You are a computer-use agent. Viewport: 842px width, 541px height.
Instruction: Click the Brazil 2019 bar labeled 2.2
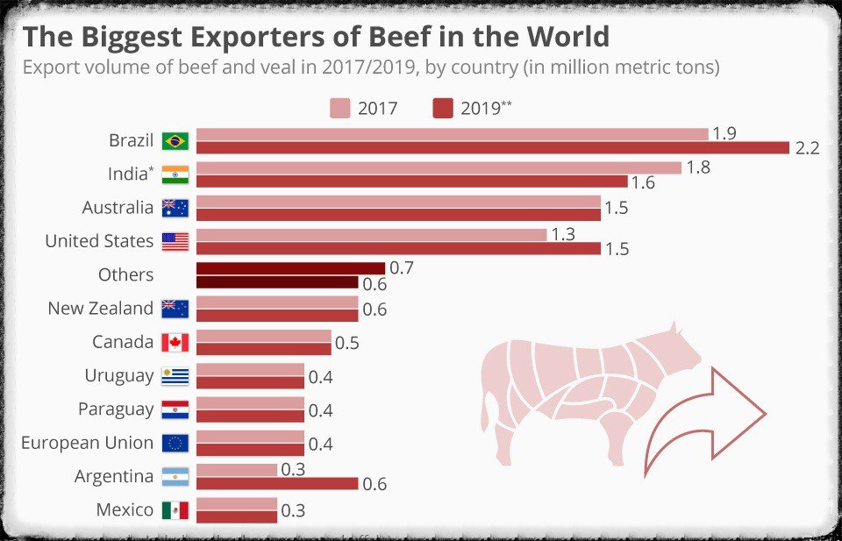click(x=491, y=148)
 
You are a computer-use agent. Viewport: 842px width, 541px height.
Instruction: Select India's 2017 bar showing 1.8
click(x=439, y=167)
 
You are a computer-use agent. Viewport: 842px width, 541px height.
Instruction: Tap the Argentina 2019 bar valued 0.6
click(x=277, y=483)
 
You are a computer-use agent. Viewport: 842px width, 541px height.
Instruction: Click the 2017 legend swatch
click(x=340, y=109)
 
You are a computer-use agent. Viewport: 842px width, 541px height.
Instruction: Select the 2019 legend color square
click(x=443, y=109)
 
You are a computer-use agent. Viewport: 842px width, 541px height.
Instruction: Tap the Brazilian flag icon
click(x=175, y=141)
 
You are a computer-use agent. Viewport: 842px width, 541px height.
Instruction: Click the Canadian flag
click(x=175, y=342)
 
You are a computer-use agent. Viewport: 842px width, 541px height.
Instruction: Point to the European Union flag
click(x=175, y=443)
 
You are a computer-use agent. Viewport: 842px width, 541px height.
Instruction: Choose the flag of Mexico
click(x=175, y=510)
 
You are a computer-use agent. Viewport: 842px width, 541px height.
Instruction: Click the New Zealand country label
click(x=100, y=309)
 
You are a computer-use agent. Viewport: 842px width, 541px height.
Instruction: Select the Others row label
click(x=125, y=274)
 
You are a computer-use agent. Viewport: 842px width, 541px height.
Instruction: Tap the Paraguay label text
click(x=115, y=409)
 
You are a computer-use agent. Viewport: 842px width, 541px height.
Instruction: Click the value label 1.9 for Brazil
click(x=724, y=133)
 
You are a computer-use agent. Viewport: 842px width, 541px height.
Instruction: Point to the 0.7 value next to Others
click(x=401, y=267)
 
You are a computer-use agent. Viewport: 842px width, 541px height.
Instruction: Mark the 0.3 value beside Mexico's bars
click(x=294, y=510)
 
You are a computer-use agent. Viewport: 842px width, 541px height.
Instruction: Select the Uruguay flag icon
click(x=175, y=376)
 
